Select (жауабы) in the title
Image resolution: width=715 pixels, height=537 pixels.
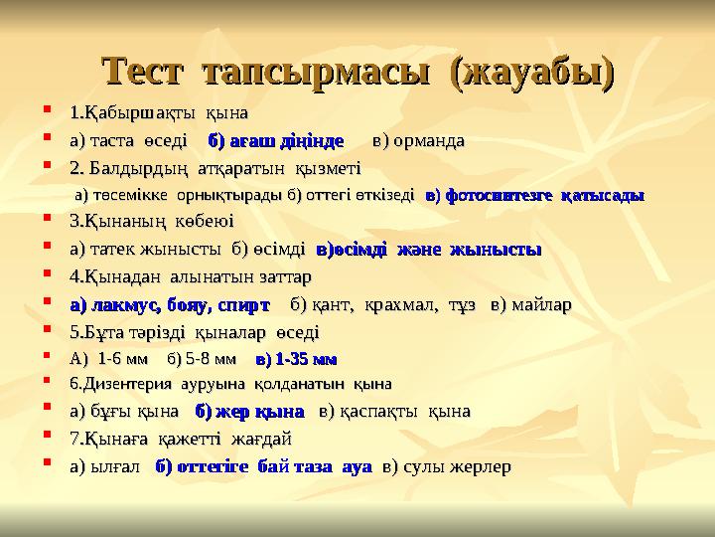[531, 72]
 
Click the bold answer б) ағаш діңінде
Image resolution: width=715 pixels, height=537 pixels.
[276, 139]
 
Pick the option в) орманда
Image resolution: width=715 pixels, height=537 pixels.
[417, 139]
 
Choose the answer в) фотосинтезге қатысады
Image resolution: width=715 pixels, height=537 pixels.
[534, 195]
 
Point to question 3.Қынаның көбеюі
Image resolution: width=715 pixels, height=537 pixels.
[152, 222]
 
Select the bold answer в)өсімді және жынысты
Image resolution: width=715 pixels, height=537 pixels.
[428, 249]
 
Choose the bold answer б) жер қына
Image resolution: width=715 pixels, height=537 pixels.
[249, 411]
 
